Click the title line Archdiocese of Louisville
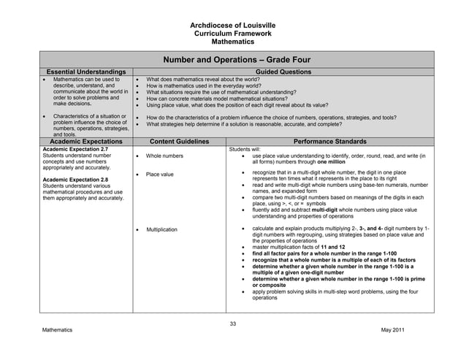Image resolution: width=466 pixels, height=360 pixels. coord(232,26)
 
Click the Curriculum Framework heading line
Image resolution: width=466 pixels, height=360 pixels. coord(232,34)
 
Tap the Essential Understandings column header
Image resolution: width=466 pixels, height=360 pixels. coord(85,72)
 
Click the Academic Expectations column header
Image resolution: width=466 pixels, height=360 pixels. coord(85,141)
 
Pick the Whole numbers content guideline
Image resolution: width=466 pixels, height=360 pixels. coord(164,156)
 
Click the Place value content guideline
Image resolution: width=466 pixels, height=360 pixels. coord(160,175)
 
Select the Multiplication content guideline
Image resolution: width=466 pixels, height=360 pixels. coord(162,229)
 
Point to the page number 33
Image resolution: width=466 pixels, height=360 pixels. coord(233,323)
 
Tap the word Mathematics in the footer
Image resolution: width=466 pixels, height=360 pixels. coord(57,331)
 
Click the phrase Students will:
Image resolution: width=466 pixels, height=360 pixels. coord(245,149)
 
